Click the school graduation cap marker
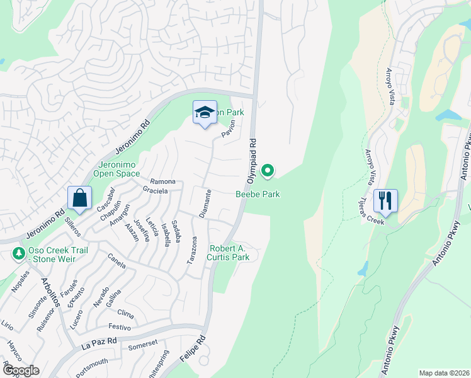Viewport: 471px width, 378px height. [x=204, y=113]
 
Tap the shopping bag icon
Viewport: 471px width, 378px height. [x=80, y=198]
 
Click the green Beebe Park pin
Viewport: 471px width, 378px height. [x=268, y=170]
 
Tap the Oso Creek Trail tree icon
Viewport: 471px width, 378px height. [x=18, y=254]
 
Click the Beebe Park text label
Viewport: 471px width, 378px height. [x=258, y=195]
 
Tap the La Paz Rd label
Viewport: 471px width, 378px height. [x=99, y=343]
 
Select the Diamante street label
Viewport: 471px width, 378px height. [x=204, y=203]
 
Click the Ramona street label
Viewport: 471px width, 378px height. [x=162, y=181]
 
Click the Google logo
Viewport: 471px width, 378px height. [x=20, y=370]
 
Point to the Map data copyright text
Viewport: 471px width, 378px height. [x=444, y=373]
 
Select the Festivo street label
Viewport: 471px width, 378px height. [x=120, y=327]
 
